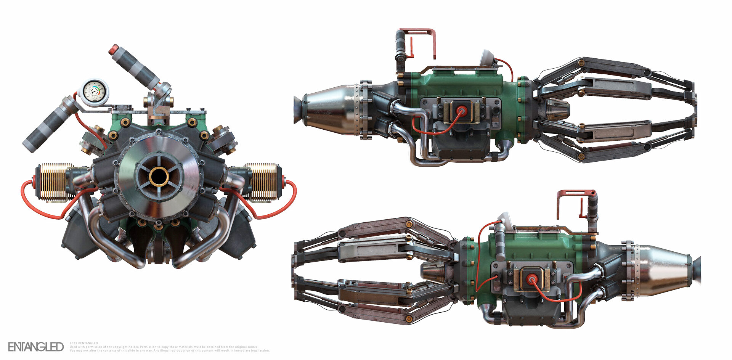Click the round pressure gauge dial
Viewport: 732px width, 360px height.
tap(93, 92)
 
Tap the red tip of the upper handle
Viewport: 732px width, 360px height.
tap(114, 50)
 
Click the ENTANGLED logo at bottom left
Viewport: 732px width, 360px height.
tap(36, 347)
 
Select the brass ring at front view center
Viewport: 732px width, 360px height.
tap(159, 177)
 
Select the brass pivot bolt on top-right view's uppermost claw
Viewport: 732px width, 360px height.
tap(581, 63)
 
